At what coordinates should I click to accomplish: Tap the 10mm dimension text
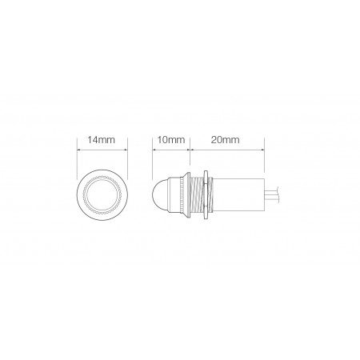(x=170, y=140)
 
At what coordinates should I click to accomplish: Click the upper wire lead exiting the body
(x=272, y=190)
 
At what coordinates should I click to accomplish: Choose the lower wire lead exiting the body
(x=272, y=201)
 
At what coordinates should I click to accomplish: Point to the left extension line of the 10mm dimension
(x=152, y=156)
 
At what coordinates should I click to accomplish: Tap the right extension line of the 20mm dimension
(x=264, y=156)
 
